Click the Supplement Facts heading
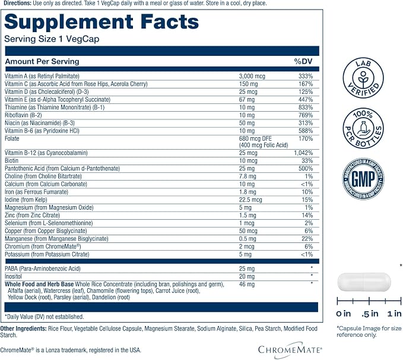click(101, 22)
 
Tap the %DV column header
click(303, 61)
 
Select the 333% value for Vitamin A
click(306, 76)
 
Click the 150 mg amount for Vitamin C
click(248, 84)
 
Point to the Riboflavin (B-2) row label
click(23, 115)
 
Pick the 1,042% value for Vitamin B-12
click(303, 153)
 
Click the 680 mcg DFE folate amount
click(255, 138)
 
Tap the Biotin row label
click(11, 160)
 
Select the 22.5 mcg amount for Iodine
click(250, 200)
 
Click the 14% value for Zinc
click(307, 215)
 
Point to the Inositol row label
click(14, 276)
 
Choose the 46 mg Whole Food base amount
click(247, 285)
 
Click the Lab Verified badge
click(363, 78)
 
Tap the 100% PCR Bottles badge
click(363, 128)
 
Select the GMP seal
click(363, 179)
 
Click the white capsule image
click(364, 282)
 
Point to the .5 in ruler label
click(370, 314)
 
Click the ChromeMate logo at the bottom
click(290, 349)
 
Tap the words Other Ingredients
click(23, 329)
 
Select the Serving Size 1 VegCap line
click(52, 39)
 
